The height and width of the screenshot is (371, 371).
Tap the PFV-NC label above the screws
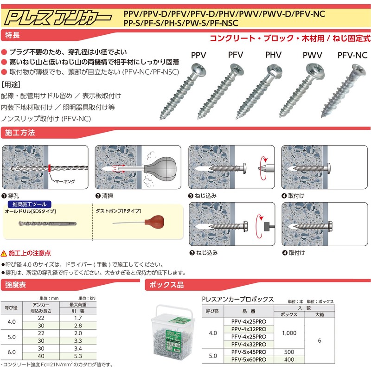(352, 55)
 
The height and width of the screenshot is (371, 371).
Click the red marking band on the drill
(48, 167)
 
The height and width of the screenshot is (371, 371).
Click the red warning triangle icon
(4, 253)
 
